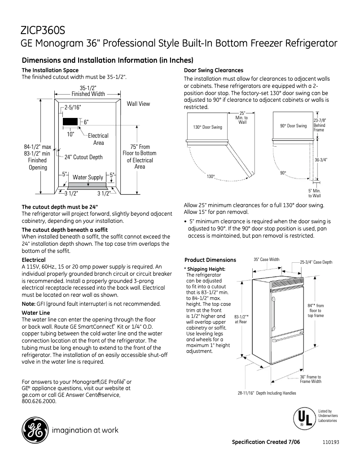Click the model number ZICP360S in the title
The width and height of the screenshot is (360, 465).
pyautogui.click(x=43, y=30)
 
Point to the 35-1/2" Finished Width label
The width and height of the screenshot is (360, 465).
pyautogui.click(x=88, y=91)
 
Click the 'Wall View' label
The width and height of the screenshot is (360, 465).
pyautogui.click(x=138, y=104)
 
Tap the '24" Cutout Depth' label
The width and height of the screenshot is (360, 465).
pyautogui.click(x=83, y=157)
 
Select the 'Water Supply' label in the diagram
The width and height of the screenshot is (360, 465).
pyautogui.click(x=88, y=177)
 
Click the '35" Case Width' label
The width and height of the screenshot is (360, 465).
pyautogui.click(x=266, y=260)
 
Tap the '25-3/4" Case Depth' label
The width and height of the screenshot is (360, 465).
pyautogui.click(x=316, y=262)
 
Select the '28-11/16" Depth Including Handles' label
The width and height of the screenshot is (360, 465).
pyautogui.click(x=267, y=393)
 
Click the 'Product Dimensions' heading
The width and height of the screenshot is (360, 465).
pyautogui.click(x=210, y=260)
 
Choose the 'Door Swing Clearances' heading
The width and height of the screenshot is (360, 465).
pyautogui.click(x=214, y=70)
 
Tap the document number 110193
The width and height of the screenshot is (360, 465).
pyautogui.click(x=330, y=442)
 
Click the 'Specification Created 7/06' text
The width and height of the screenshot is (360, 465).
pyautogui.click(x=266, y=442)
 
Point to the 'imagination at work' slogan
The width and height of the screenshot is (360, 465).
pyautogui.click(x=86, y=430)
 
